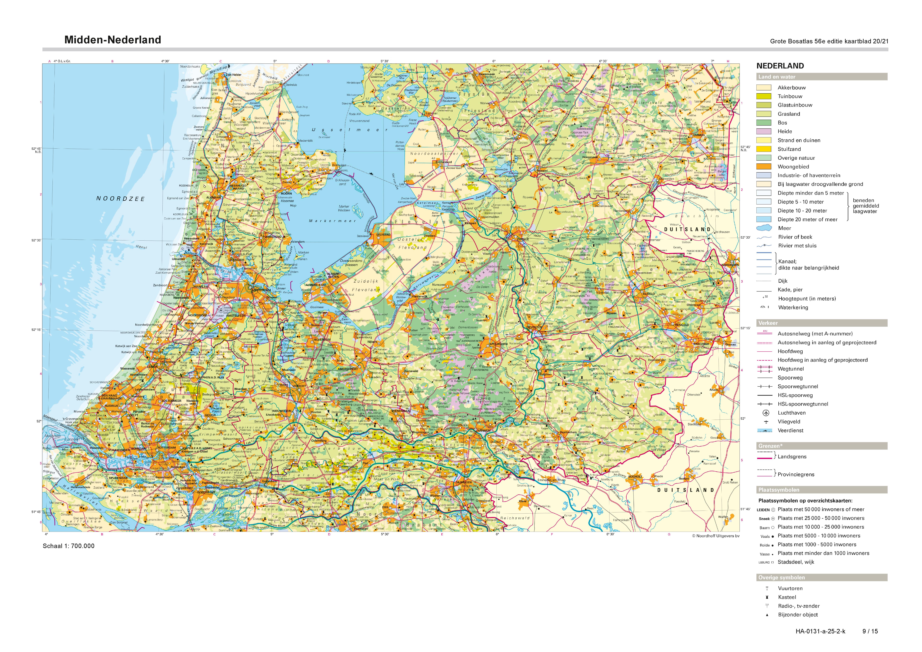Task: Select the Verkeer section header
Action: (768, 323)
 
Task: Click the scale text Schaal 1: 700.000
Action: (69, 546)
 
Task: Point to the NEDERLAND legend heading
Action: (780, 66)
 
